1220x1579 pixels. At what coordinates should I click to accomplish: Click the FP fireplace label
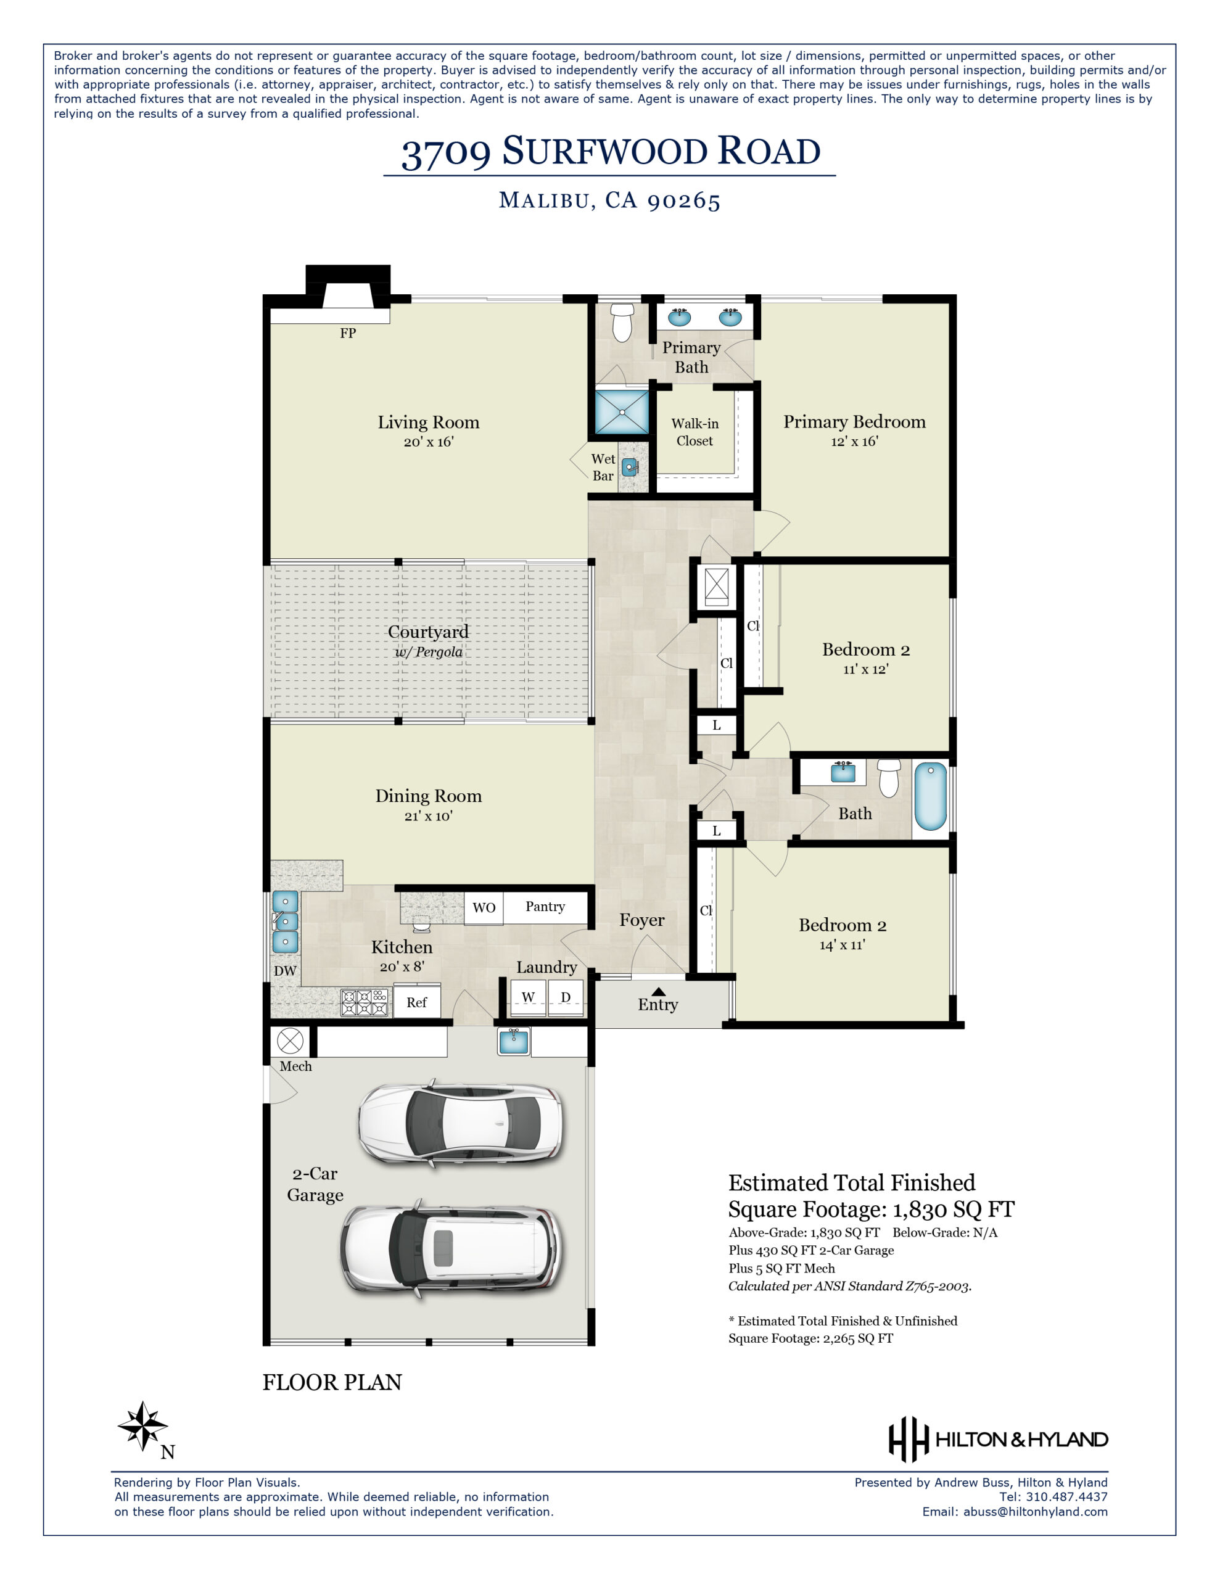click(x=348, y=333)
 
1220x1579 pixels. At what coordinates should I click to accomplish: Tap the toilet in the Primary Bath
click(x=622, y=322)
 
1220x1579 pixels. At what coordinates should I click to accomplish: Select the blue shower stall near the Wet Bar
click(x=622, y=412)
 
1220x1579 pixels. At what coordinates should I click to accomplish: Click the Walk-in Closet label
click(x=694, y=432)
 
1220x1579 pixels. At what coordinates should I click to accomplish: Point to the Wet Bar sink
click(x=630, y=467)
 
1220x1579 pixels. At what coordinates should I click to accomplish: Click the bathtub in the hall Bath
click(x=930, y=797)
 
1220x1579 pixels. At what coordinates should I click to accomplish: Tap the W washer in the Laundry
click(x=528, y=998)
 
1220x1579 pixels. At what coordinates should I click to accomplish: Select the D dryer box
click(x=566, y=998)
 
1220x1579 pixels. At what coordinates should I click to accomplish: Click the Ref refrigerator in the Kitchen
click(x=416, y=1003)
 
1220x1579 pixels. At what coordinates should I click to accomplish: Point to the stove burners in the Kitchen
click(x=365, y=1003)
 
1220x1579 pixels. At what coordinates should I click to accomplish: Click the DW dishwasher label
click(x=285, y=971)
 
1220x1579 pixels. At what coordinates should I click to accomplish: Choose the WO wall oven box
click(x=484, y=908)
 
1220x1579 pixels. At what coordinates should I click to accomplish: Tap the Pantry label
click(x=545, y=907)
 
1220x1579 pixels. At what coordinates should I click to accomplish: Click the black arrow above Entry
click(x=658, y=991)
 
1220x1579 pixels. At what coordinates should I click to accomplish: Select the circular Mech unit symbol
click(x=290, y=1042)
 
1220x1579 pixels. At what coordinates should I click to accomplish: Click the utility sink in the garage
click(x=513, y=1042)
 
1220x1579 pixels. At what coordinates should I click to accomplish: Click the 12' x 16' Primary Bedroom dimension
click(x=854, y=441)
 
